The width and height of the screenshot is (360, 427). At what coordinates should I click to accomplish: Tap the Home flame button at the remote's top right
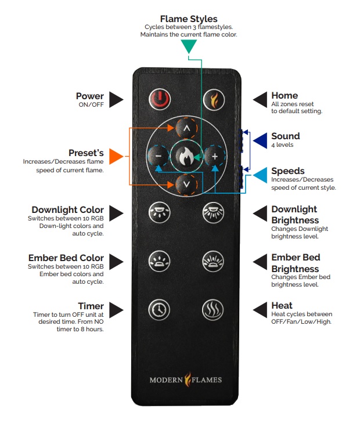pyautogui.click(x=214, y=100)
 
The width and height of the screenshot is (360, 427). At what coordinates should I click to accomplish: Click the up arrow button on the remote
pyautogui.click(x=186, y=127)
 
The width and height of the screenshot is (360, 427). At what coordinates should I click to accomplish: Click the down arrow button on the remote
pyautogui.click(x=186, y=184)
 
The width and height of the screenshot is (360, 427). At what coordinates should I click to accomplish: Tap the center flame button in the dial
pyautogui.click(x=186, y=156)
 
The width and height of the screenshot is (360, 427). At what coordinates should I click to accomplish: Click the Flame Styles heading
pyautogui.click(x=189, y=19)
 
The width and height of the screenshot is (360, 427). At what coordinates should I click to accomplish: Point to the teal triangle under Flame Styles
pyautogui.click(x=189, y=48)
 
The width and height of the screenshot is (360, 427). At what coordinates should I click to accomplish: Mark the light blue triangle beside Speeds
pyautogui.click(x=260, y=173)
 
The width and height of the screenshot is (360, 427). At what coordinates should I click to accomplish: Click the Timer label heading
pyautogui.click(x=91, y=306)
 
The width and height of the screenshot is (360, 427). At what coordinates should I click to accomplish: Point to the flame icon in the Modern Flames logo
pyautogui.click(x=187, y=380)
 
